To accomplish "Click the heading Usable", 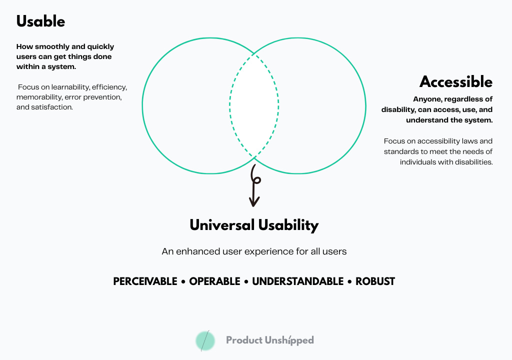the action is pos(40,21).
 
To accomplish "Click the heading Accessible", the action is pos(455,82).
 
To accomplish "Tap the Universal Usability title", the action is pos(254,225).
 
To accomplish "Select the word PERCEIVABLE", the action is pos(145,281).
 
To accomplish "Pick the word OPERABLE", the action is pos(214,281).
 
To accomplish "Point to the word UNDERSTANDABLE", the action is pos(297,281).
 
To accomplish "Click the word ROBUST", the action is pos(375,281).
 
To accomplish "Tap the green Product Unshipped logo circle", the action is pos(205,340).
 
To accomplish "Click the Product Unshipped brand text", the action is pos(270,340).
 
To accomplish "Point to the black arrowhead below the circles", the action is pos(254,201).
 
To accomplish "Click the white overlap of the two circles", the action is pos(254,105).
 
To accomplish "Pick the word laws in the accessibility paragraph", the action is pos(468,141).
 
